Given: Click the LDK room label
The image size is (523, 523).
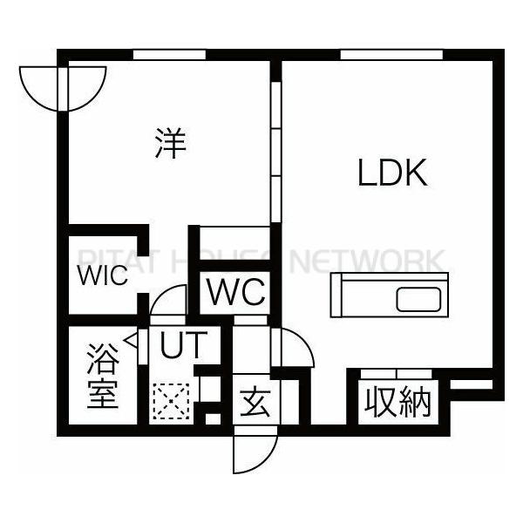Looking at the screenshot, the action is [392, 173].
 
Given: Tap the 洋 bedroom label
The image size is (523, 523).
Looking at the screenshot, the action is [171, 143].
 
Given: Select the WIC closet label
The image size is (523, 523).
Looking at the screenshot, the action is [102, 275].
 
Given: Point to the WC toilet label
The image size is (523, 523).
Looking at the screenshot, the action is [236, 292].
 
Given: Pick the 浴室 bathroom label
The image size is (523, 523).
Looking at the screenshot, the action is [103, 376].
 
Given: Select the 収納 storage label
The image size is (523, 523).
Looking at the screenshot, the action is [398, 402].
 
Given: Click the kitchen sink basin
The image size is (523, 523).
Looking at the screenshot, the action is [419, 299].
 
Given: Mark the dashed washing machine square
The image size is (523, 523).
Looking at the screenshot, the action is [171, 401].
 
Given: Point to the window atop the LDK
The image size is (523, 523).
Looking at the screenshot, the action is [391, 55].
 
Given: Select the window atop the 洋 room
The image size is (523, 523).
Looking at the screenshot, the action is [169, 55].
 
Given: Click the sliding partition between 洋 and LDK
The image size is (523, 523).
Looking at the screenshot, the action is [275, 152].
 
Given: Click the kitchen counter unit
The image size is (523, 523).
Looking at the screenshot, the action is [390, 295].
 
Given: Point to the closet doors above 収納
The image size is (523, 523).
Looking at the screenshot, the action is [397, 374].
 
